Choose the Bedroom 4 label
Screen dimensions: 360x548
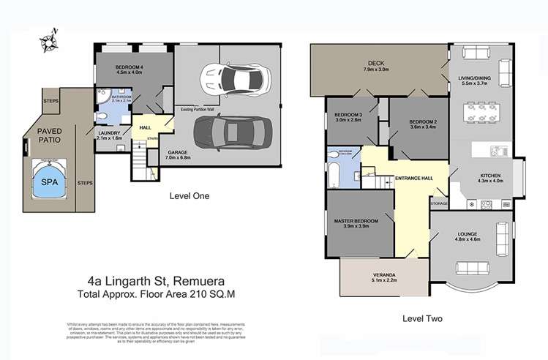(x=132, y=70)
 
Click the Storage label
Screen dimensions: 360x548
(x=439, y=203)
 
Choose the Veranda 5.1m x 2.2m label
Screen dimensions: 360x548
(x=382, y=278)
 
